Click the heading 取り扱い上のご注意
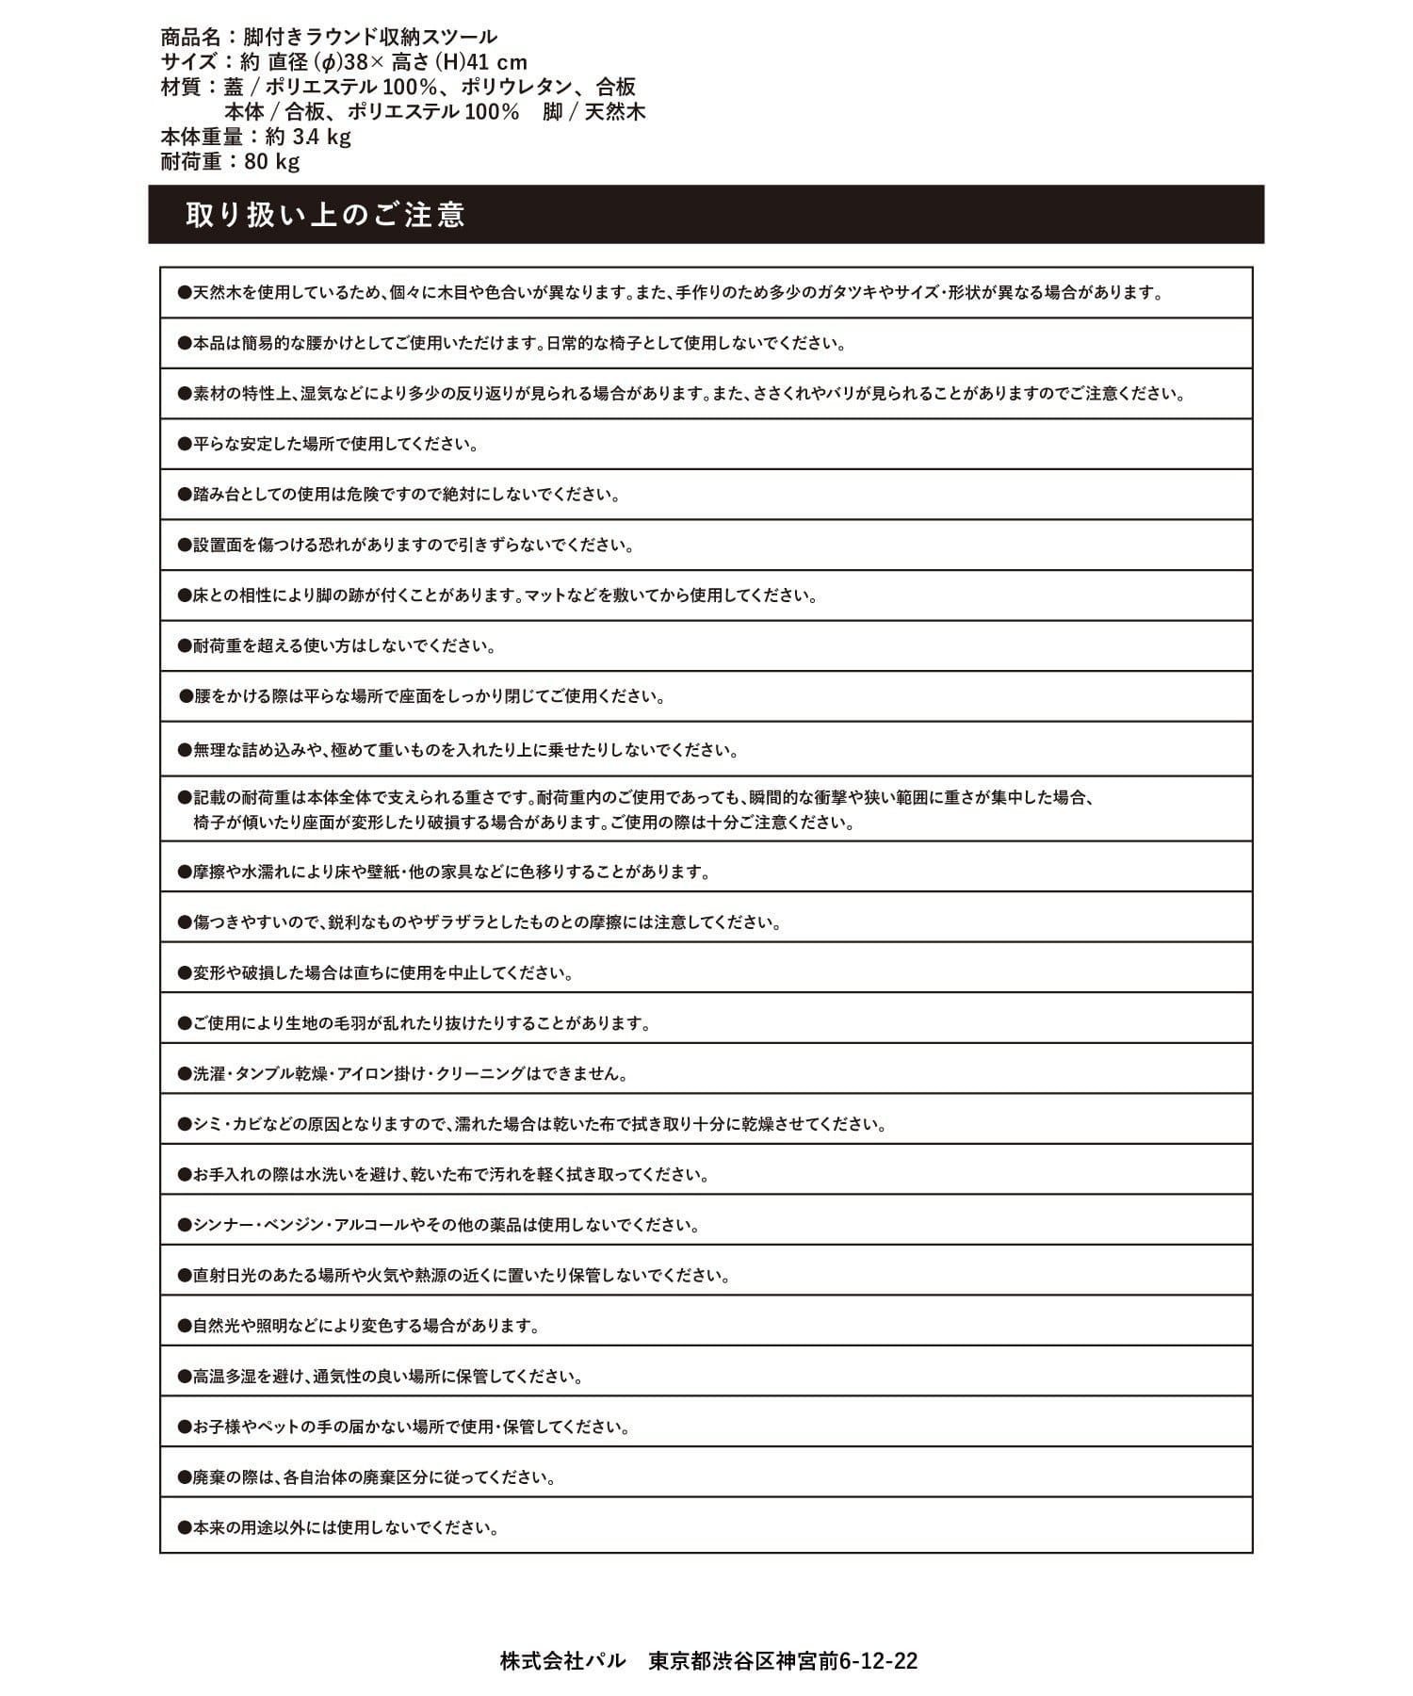click(x=325, y=215)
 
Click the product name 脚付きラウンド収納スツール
click(x=370, y=38)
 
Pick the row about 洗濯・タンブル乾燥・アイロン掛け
click(x=411, y=1073)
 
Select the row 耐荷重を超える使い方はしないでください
click(x=345, y=646)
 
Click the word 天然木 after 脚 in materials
click(x=614, y=112)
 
